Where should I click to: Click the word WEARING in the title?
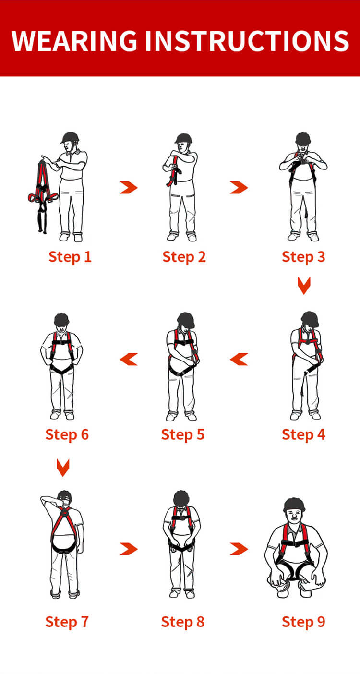coord(74,41)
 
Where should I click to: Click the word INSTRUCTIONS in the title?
coord(247,41)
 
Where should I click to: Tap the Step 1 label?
coord(70,257)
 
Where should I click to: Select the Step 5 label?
coord(183,435)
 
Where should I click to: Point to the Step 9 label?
coord(303,622)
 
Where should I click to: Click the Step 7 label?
coord(67,622)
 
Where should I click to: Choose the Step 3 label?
coord(303,257)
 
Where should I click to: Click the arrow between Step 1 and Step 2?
coord(129,187)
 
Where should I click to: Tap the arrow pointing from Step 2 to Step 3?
coord(240,187)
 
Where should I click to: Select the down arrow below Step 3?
coord(304,286)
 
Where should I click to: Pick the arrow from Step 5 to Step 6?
coord(129,359)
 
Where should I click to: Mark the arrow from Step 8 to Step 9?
coord(240,549)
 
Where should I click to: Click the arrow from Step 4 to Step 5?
coord(239,359)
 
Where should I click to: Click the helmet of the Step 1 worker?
coord(70,137)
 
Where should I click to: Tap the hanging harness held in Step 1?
coord(43,195)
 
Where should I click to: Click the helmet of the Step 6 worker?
coord(61,319)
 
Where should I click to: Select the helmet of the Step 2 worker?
coord(183,138)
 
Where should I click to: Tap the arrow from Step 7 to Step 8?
coord(129,549)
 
